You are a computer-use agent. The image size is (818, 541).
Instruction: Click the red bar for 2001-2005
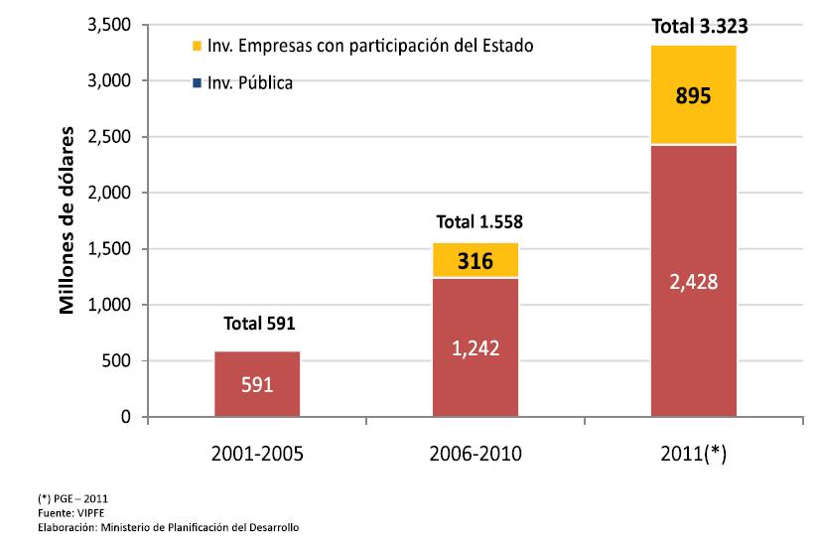coord(257,384)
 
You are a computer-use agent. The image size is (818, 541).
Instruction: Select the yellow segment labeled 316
coord(475,260)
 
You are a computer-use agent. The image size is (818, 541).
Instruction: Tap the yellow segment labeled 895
coord(693,95)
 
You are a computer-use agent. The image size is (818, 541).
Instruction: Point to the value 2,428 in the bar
coord(694,282)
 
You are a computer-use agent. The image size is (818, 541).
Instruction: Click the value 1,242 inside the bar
coord(476,348)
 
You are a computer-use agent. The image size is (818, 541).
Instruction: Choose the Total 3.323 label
coord(693,27)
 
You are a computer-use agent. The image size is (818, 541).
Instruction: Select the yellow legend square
coord(198,46)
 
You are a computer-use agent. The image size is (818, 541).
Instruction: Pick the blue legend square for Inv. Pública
coord(198,83)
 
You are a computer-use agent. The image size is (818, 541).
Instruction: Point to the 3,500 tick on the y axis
coord(110,25)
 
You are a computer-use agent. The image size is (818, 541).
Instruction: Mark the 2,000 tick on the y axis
coord(110,193)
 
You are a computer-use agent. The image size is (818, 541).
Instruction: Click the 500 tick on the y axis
coord(119,361)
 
